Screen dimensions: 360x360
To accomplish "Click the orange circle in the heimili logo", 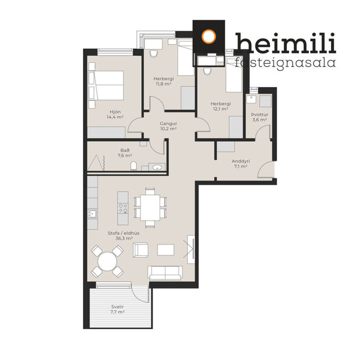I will [209, 37].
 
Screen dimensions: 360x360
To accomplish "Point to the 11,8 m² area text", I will [163, 84].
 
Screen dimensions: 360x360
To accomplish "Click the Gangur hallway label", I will [168, 124].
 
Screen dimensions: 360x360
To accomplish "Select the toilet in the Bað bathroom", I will [135, 167].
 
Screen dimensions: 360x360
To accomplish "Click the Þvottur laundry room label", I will [259, 115].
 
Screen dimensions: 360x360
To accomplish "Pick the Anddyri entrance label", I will [240, 161].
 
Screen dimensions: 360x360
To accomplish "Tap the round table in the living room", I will [108, 262].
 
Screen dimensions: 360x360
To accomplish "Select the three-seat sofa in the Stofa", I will [165, 272].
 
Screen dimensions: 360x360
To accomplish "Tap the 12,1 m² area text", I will [219, 109].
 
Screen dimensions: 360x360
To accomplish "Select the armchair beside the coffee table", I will [142, 250].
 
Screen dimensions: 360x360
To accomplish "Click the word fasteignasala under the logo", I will [286, 62].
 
